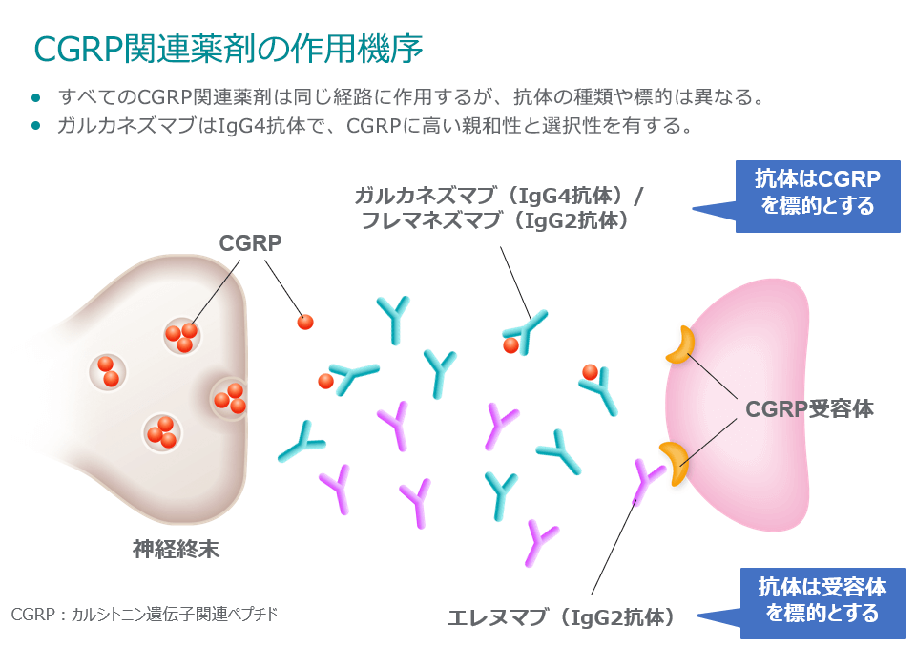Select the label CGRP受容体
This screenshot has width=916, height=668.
[x=809, y=409]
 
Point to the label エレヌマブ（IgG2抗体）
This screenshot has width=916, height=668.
[x=563, y=617]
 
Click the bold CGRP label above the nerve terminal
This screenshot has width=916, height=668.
[x=251, y=243]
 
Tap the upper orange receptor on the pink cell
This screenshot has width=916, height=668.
[x=681, y=345]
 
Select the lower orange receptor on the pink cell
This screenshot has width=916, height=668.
[x=675, y=462]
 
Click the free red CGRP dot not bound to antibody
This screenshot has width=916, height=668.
[x=305, y=322]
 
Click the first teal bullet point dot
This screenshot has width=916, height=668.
[x=36, y=97]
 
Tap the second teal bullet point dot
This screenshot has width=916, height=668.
[x=36, y=125]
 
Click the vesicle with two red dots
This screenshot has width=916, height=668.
[x=107, y=371]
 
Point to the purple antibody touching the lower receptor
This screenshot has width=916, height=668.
[x=648, y=477]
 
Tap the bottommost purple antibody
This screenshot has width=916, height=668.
[x=542, y=542]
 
